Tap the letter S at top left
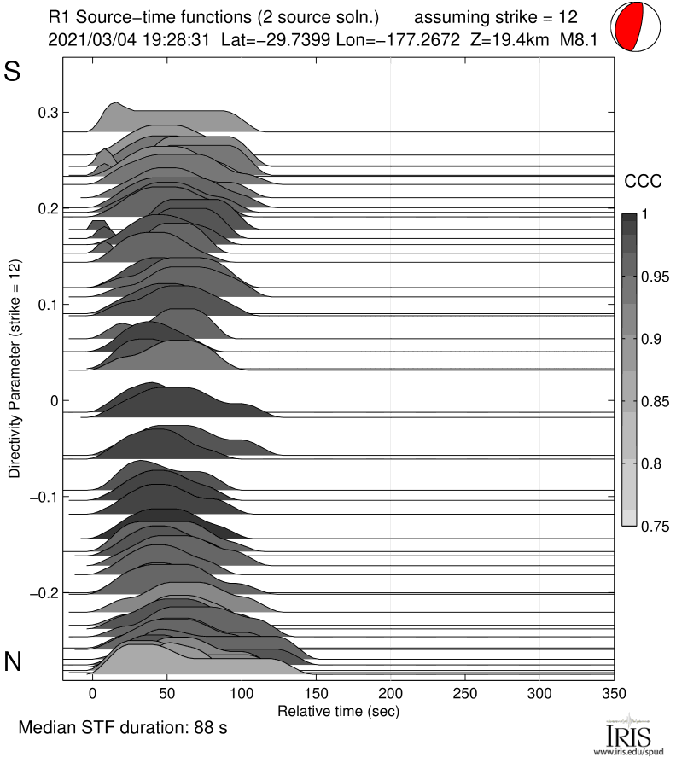[x=13, y=72]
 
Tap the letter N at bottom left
[x=13, y=661]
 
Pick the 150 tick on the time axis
[x=316, y=692]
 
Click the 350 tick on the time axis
[x=614, y=692]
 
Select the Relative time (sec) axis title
[x=338, y=710]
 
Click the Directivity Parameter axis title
[x=15, y=369]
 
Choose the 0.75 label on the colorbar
[x=656, y=526]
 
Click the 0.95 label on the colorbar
[x=656, y=277]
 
